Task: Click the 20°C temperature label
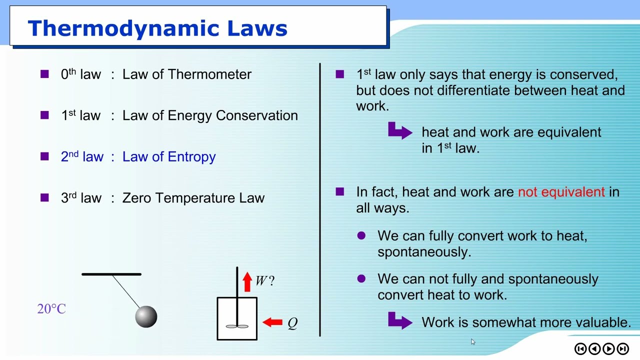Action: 51,309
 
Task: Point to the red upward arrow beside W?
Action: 247,281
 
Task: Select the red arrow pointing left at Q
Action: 272,322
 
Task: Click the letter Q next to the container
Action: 292,323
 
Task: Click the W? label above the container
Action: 264,281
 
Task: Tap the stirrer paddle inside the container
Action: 237,326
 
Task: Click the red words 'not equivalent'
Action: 561,192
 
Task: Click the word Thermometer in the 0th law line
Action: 209,74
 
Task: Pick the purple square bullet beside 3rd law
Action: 44,197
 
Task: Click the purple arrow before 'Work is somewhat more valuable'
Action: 400,321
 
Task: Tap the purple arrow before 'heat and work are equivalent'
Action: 400,131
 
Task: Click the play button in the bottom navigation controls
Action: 608,348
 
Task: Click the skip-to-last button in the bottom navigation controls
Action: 622,348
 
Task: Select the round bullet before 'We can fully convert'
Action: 361,235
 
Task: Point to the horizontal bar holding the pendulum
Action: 111,274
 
